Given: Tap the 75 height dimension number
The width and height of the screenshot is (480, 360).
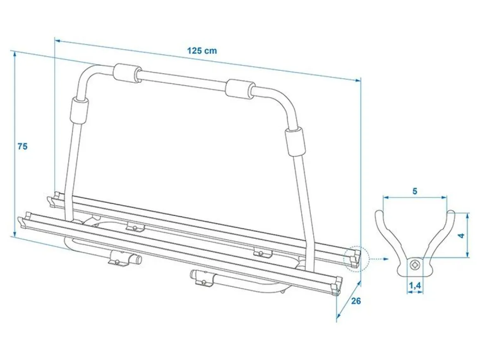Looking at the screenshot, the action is coord(22,146).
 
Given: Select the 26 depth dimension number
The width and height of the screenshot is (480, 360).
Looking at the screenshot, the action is coord(356,301).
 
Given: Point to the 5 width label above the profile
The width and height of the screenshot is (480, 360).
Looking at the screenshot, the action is coord(415,191).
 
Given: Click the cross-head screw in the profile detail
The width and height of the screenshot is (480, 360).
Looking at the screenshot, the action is coord(415,264).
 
